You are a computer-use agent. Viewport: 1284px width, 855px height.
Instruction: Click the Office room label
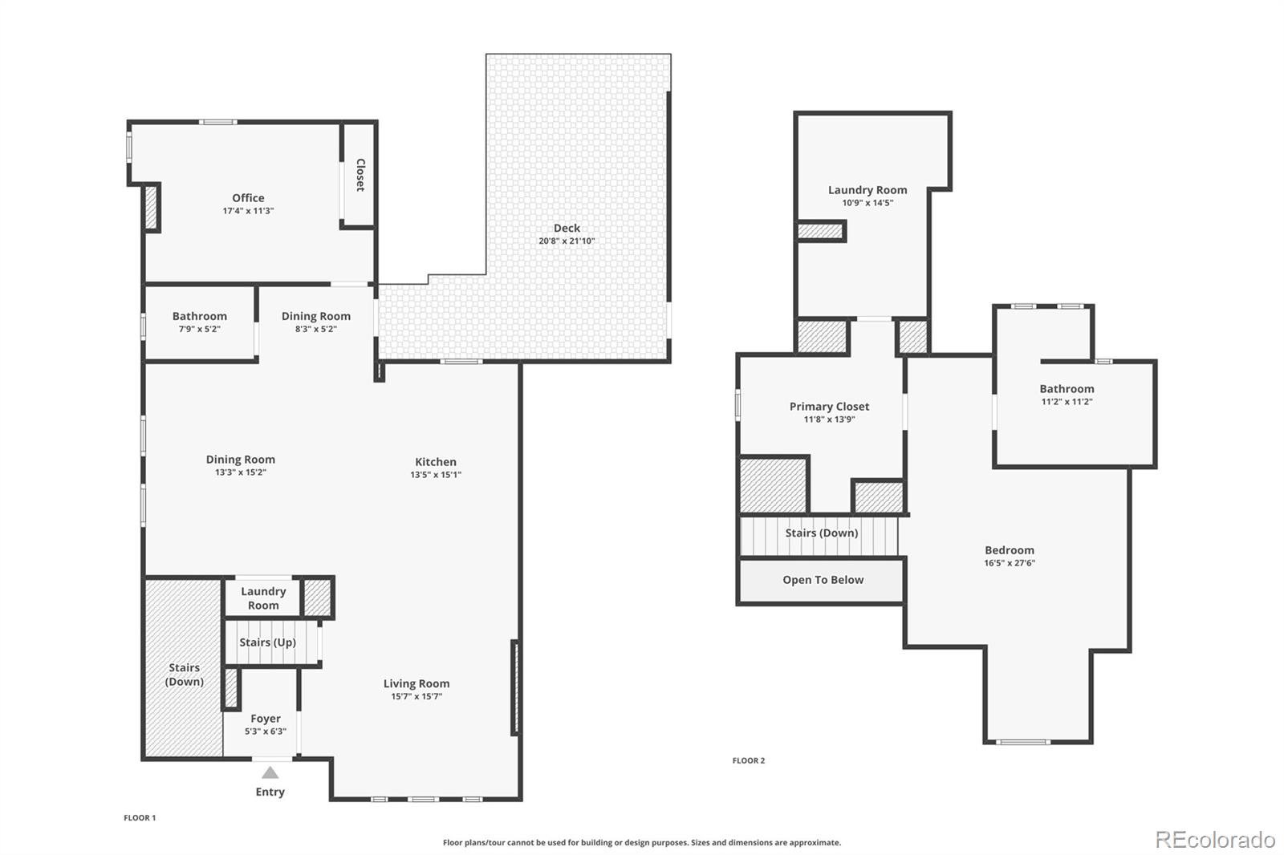(248, 198)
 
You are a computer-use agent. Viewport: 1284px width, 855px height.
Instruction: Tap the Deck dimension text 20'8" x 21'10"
(567, 241)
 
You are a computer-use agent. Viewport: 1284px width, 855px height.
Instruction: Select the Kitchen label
(436, 462)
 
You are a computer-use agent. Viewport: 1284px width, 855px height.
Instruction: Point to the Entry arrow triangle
(270, 773)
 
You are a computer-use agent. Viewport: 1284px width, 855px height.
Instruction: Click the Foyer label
(266, 719)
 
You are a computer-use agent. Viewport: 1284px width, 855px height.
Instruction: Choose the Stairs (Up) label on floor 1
(267, 642)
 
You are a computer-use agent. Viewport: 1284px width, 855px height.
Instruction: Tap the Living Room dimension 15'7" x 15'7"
(416, 697)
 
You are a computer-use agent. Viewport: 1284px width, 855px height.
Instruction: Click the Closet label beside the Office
(360, 175)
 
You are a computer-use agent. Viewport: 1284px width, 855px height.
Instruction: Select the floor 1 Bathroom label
(199, 316)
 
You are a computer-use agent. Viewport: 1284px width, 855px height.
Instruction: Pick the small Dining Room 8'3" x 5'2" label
(315, 316)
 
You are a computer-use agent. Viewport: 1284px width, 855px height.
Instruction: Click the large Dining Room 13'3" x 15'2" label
(240, 460)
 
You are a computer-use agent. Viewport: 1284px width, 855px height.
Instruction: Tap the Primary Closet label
(829, 407)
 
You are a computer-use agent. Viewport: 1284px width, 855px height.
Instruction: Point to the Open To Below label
(823, 580)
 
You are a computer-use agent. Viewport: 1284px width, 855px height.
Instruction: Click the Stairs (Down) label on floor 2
(821, 533)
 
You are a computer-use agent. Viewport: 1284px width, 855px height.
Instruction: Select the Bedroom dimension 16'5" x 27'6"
(1010, 563)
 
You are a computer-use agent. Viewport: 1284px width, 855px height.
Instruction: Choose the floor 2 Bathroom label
(1067, 389)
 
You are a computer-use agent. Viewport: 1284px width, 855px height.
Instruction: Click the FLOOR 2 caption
(749, 760)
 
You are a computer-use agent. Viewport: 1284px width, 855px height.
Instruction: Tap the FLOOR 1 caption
(140, 818)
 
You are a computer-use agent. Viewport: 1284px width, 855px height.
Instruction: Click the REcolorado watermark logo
(1214, 840)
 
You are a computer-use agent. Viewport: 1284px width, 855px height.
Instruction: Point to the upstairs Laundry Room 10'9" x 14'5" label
(868, 190)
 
